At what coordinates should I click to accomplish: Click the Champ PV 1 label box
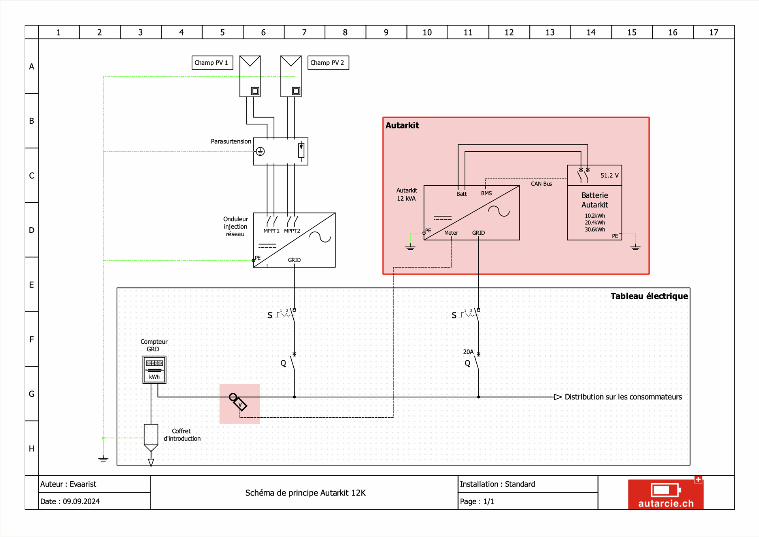pyautogui.click(x=212, y=63)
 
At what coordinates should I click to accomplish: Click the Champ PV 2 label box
pyautogui.click(x=328, y=63)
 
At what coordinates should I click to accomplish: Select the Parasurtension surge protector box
pyautogui.click(x=280, y=151)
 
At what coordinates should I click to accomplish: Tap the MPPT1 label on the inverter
pyautogui.click(x=271, y=231)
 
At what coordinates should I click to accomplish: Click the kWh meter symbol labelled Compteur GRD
pyautogui.click(x=154, y=369)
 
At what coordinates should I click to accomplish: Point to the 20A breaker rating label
pyautogui.click(x=468, y=352)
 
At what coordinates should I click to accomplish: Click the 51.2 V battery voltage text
pyautogui.click(x=609, y=175)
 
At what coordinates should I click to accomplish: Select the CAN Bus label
pyautogui.click(x=541, y=184)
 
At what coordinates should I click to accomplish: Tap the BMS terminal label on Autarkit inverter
pyautogui.click(x=486, y=193)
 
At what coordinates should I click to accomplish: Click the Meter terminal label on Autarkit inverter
pyautogui.click(x=451, y=233)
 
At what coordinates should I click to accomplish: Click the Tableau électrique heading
pyautogui.click(x=649, y=296)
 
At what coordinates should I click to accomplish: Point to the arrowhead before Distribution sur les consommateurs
pyautogui.click(x=558, y=397)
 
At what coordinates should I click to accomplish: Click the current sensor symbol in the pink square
pyautogui.click(x=238, y=402)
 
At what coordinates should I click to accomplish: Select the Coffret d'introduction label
pyautogui.click(x=182, y=435)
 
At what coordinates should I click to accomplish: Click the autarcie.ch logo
pyautogui.click(x=666, y=494)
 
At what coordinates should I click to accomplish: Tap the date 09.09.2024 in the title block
pyautogui.click(x=81, y=501)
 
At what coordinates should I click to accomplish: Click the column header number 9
pyautogui.click(x=386, y=32)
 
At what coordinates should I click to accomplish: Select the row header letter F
pyautogui.click(x=32, y=339)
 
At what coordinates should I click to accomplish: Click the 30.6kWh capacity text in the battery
pyautogui.click(x=595, y=230)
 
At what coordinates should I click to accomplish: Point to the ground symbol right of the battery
pyautogui.click(x=635, y=247)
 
